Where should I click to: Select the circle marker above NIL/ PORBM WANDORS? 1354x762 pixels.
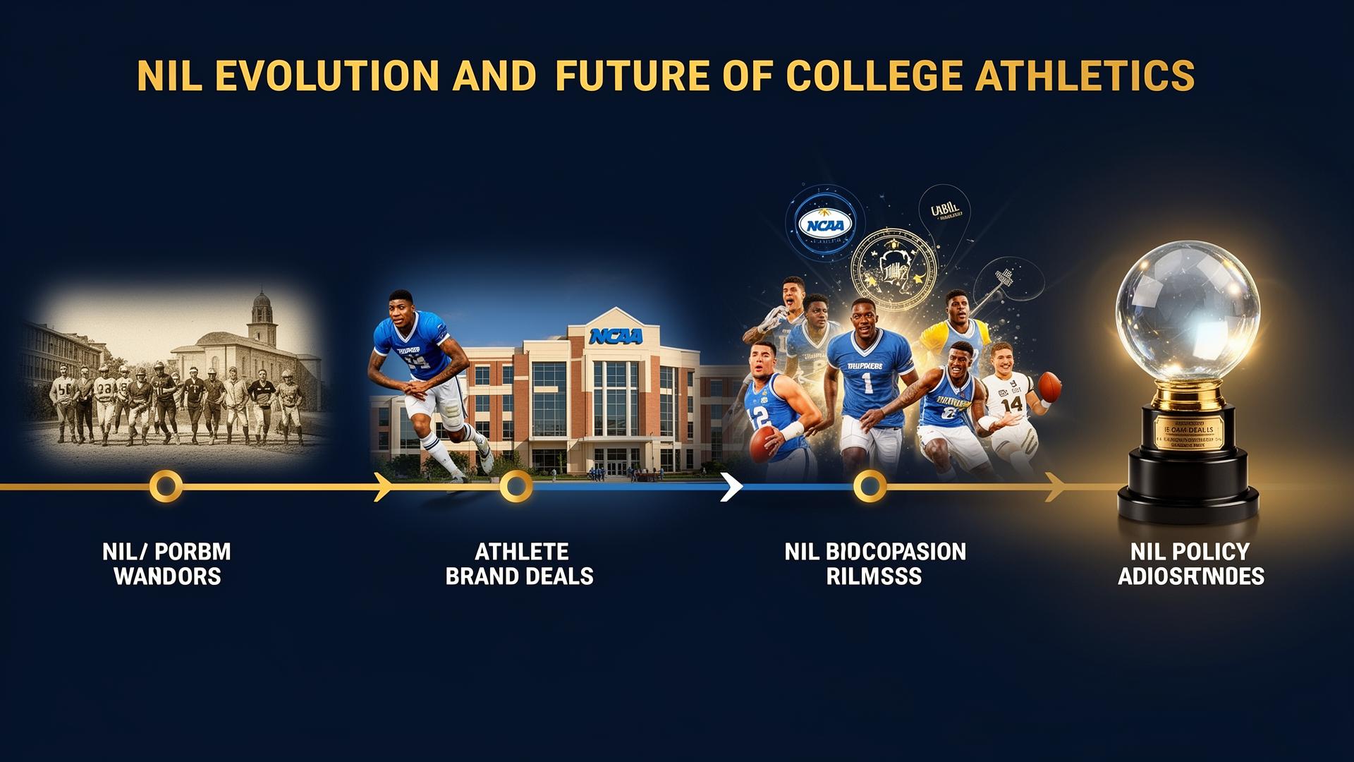tap(166, 486)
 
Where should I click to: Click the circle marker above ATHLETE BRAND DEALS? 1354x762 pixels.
tap(516, 486)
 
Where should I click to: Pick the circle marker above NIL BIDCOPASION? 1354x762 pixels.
tap(869, 486)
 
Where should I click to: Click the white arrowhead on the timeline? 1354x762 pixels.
tap(732, 487)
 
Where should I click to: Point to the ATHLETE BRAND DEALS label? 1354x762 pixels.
tap(520, 564)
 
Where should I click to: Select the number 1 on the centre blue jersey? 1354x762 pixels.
tap(867, 382)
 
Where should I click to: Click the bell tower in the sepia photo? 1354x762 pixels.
tap(261, 317)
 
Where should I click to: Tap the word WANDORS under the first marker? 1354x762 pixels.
tap(167, 576)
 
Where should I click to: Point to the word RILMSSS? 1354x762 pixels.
tap(874, 576)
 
